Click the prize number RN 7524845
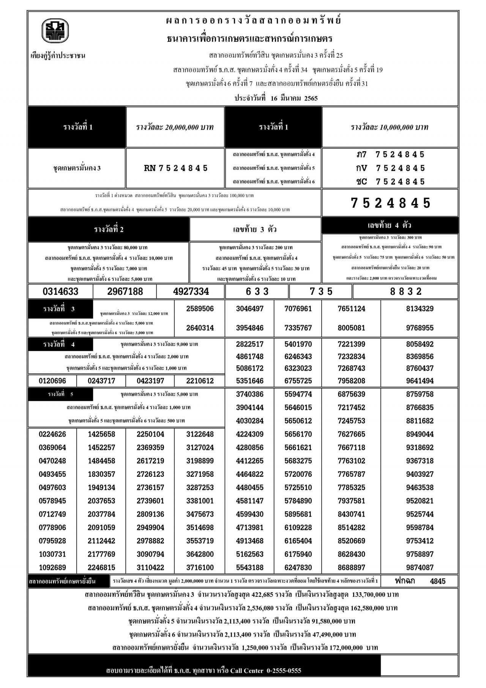click(176, 168)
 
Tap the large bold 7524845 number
click(391, 203)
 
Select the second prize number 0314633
click(61, 291)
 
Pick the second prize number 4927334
click(191, 291)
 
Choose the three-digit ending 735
click(321, 291)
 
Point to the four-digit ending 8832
click(406, 291)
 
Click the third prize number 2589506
click(200, 309)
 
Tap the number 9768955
click(420, 328)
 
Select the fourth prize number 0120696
click(52, 381)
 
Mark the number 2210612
click(200, 381)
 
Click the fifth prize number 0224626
click(52, 434)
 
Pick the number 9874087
click(420, 568)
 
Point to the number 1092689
click(52, 568)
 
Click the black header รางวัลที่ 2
click(109, 229)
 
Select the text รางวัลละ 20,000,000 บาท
click(175, 127)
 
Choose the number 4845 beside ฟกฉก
click(438, 581)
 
